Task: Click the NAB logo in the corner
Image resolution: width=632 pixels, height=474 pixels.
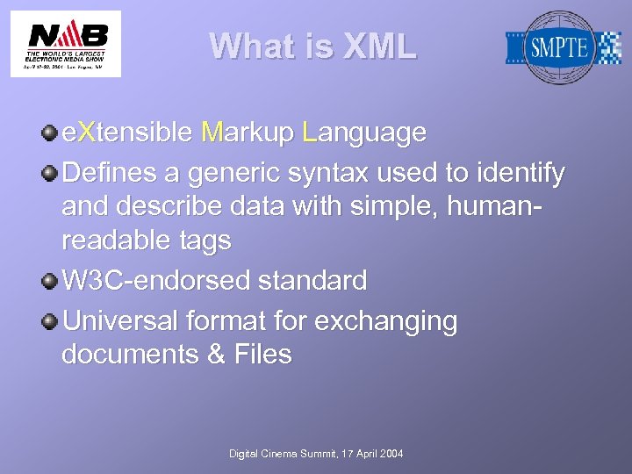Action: [x=66, y=43]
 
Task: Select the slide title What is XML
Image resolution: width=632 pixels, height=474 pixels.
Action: [x=313, y=47]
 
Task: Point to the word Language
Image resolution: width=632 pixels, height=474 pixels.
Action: [x=363, y=133]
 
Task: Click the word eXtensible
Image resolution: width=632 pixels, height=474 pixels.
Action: [x=126, y=133]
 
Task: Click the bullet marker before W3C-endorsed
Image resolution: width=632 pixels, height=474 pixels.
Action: [x=51, y=281]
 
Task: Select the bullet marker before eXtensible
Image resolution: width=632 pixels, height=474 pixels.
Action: [x=51, y=133]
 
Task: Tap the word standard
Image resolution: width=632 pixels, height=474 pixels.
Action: [x=312, y=282]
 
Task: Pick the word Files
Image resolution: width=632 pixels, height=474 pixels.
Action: [x=262, y=355]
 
